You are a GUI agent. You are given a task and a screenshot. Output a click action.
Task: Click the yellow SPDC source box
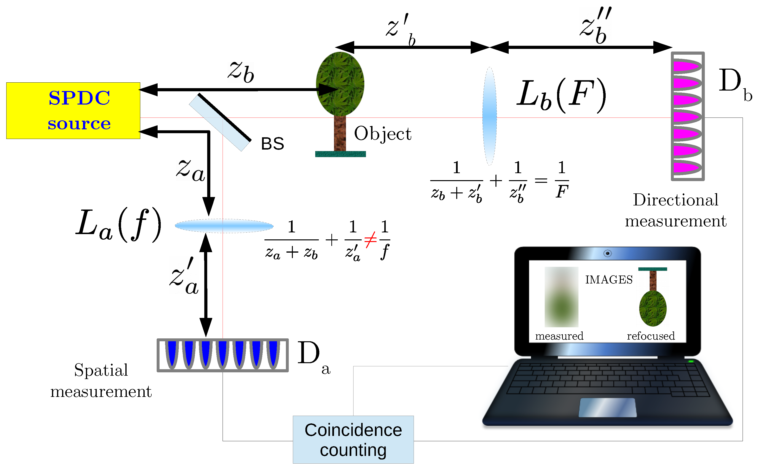click(73, 111)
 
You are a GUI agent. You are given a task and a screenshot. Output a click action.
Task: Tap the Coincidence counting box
click(353, 439)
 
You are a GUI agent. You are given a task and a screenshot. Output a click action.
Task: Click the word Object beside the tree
click(382, 134)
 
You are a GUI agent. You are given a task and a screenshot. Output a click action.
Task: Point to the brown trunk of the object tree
click(340, 133)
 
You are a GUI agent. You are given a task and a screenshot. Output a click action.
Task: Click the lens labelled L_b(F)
click(489, 116)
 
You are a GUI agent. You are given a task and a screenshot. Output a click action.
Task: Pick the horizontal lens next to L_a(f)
click(224, 226)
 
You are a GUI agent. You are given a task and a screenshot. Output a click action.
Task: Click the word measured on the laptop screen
click(559, 336)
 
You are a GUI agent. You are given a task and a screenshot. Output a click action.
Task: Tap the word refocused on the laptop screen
click(650, 336)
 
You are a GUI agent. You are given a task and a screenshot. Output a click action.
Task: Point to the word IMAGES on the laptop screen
click(609, 279)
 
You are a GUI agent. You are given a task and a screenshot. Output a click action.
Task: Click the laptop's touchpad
click(607, 407)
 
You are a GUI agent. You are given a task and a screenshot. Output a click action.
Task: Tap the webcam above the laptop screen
click(607, 253)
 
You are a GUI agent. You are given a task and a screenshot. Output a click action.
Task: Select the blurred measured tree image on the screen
click(561, 296)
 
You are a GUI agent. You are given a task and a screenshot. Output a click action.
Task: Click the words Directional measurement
click(675, 210)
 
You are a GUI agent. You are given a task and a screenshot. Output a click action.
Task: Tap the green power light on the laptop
click(690, 361)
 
